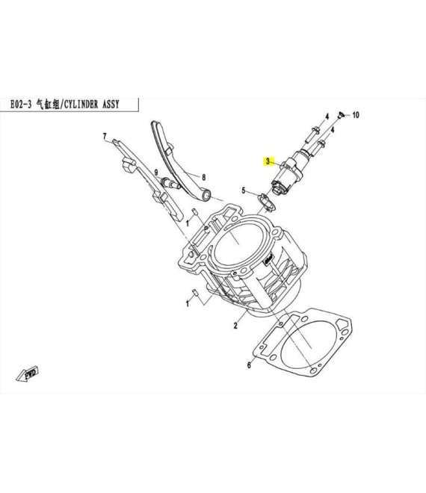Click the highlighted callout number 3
coord(268,161)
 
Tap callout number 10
coord(355,115)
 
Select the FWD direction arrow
coord(28,373)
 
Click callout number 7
coord(105,137)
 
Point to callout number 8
coord(203,177)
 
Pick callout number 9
coord(155,173)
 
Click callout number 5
coord(243,190)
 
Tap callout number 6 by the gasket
coord(249,365)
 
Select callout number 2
coord(235,326)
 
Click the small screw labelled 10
coord(340,115)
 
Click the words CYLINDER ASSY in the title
coord(92,104)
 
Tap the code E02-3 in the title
coord(21,104)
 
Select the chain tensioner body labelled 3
coord(288,174)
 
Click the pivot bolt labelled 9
coord(170,183)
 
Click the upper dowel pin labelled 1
coord(195,211)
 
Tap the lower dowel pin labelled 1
coord(195,292)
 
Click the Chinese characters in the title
coord(48,104)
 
